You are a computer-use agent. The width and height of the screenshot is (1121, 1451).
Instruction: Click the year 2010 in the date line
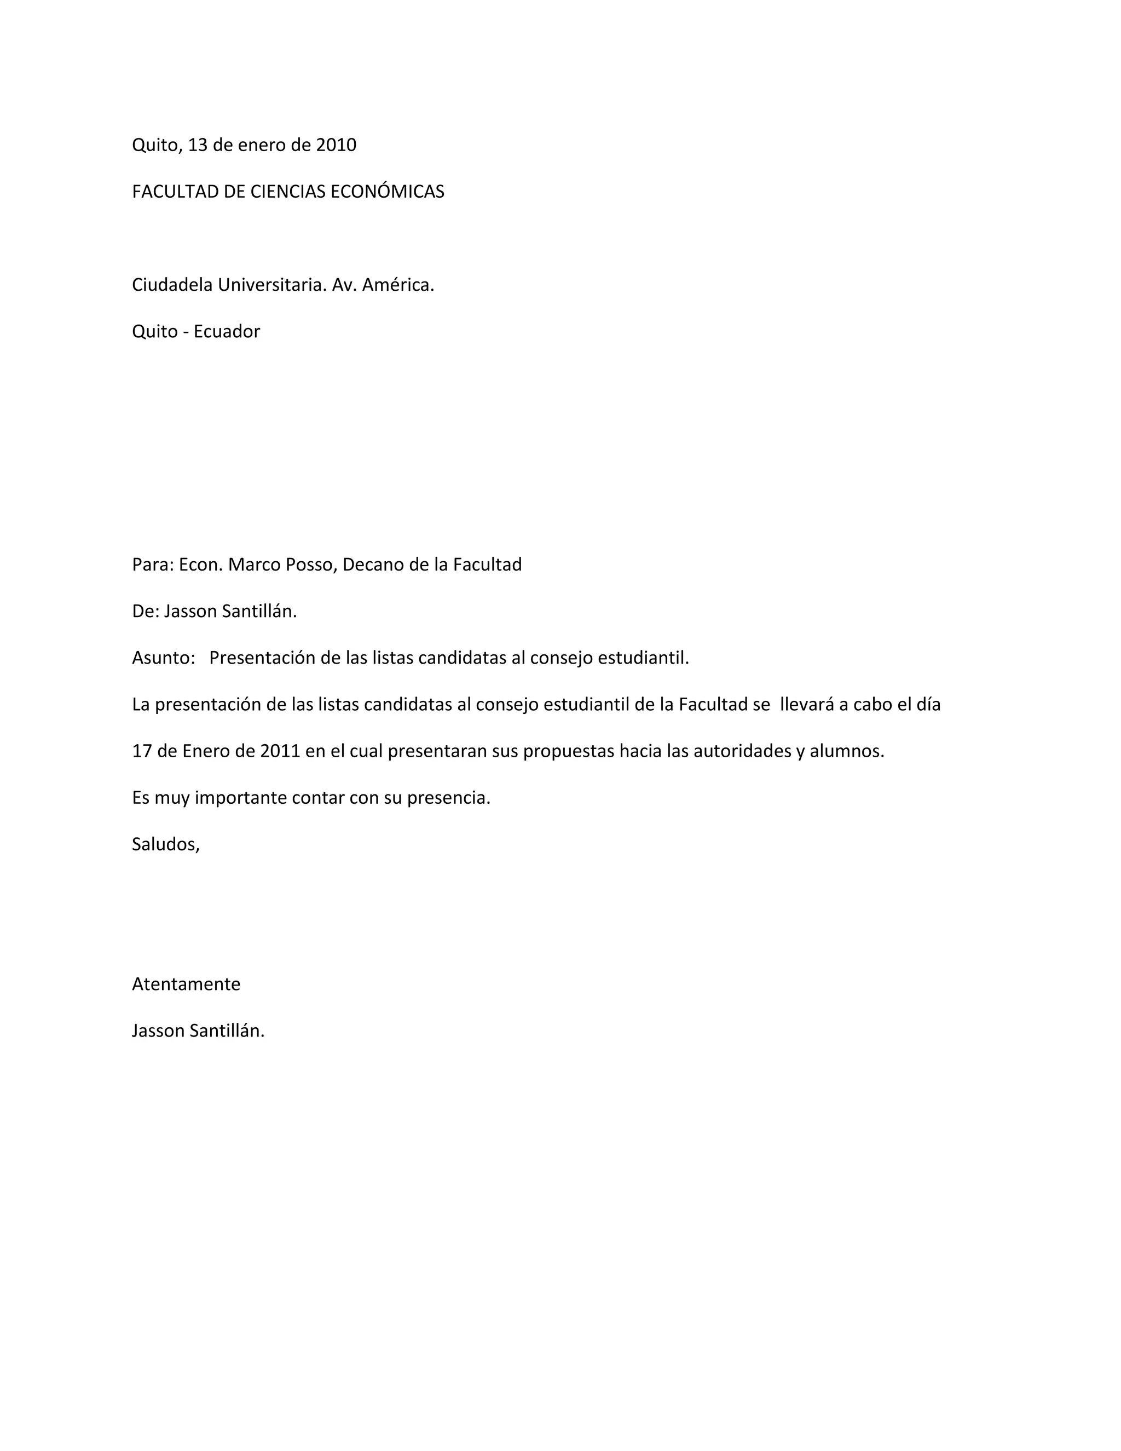coord(336,145)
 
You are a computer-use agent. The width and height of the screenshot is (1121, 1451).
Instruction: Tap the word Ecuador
coord(227,331)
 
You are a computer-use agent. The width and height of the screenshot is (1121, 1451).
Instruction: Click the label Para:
coord(153,565)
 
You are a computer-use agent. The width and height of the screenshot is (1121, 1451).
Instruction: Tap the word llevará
coord(807,704)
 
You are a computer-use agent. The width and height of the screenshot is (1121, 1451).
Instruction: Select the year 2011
coord(280,751)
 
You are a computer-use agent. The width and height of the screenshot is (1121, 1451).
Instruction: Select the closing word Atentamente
coord(186,984)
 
